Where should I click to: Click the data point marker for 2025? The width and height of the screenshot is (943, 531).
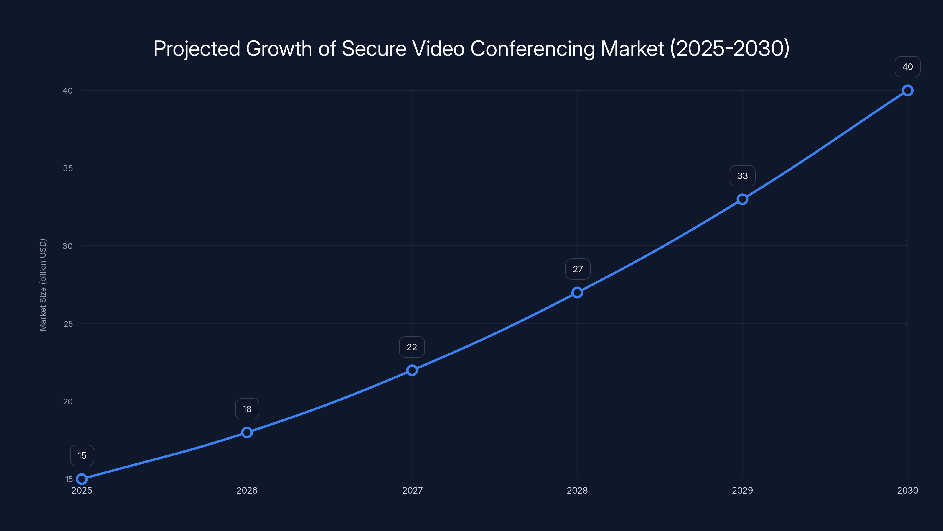(82, 479)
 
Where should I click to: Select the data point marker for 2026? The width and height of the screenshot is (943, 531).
(247, 432)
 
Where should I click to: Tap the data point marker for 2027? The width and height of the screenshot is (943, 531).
(412, 370)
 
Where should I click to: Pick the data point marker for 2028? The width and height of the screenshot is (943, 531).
(577, 292)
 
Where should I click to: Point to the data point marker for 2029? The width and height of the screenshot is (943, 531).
(742, 199)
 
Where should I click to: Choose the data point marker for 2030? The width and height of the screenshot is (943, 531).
(908, 91)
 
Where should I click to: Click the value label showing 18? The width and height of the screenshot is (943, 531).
(247, 409)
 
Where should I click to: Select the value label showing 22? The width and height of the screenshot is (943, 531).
(412, 347)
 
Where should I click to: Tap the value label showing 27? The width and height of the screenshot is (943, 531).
(578, 269)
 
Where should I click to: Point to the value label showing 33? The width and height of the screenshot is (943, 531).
(742, 176)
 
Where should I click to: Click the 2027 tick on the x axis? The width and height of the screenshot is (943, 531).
(412, 490)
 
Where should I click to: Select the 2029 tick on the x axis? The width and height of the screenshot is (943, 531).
(742, 490)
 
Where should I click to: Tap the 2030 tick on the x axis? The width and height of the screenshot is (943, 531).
(908, 490)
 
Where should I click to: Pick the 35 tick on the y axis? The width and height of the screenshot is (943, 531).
(68, 168)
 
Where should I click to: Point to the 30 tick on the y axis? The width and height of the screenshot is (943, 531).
(68, 246)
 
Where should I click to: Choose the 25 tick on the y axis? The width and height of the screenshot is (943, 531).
(68, 324)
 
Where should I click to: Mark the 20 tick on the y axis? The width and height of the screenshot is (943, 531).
(68, 401)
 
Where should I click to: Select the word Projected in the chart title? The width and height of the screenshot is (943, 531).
(197, 49)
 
